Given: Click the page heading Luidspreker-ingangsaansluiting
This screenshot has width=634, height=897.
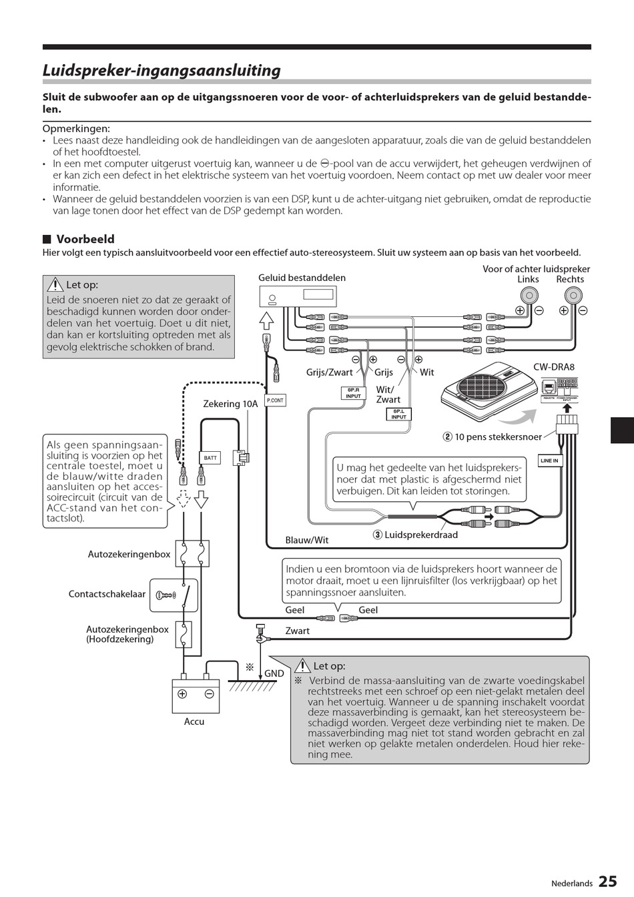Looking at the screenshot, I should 162,71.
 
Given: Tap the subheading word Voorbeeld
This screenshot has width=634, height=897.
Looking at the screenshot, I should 85,239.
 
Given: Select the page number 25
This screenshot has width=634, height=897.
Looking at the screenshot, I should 607,882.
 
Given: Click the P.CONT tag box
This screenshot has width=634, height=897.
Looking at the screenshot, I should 275,400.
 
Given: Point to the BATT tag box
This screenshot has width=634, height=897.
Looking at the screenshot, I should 210,458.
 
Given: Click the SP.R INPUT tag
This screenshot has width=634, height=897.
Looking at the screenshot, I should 353,393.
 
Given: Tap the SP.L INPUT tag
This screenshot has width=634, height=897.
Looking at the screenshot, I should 398,414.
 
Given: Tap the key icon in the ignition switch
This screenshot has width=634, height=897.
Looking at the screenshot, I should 164,595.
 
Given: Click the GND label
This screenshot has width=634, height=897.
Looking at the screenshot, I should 274,673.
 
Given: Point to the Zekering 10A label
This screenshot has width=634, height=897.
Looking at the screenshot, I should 230,404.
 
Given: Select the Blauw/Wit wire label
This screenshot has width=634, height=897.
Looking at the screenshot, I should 307,540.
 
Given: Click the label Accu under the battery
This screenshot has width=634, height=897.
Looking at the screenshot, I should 194,721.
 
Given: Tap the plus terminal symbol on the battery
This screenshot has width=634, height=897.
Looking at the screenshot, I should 182,694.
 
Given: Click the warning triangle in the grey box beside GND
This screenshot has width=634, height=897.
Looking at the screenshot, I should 302,666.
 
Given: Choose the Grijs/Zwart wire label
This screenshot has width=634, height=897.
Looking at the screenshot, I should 330,372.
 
